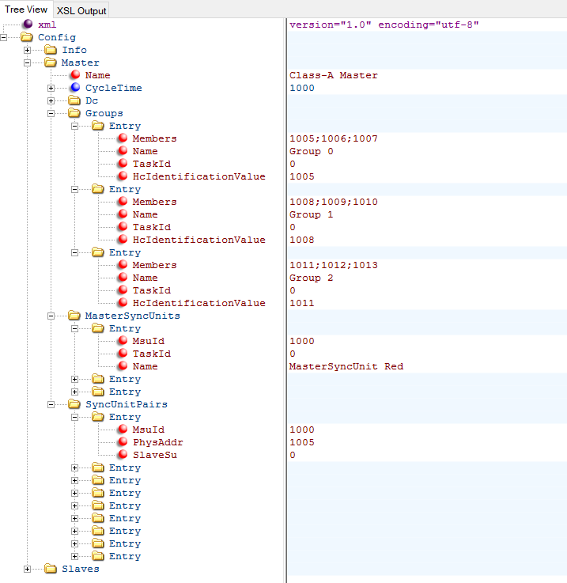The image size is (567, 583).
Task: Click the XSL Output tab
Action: [x=81, y=10]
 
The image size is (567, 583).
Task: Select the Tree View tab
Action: [x=26, y=9]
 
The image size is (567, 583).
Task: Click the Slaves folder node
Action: [x=80, y=569]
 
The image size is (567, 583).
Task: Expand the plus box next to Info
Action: [x=28, y=50]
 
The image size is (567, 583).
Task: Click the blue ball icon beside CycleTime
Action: [x=75, y=88]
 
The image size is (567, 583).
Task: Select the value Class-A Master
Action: [x=333, y=75]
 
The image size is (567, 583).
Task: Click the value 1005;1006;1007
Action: [x=333, y=138]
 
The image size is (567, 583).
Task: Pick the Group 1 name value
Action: [x=312, y=214]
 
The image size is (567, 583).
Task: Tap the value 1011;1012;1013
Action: [x=333, y=265]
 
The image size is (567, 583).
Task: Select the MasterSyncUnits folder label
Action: [x=132, y=316]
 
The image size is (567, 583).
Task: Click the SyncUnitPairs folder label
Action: [x=126, y=404]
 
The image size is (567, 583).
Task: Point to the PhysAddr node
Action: [x=157, y=442]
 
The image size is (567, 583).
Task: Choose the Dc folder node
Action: [x=92, y=100]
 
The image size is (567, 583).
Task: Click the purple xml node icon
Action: [x=28, y=25]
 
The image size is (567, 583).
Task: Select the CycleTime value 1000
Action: [x=301, y=88]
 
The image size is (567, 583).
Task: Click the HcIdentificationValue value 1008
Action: [x=301, y=240]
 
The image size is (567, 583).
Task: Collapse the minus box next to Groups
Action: [x=51, y=113]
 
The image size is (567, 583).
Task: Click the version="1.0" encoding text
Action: [x=384, y=25]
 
